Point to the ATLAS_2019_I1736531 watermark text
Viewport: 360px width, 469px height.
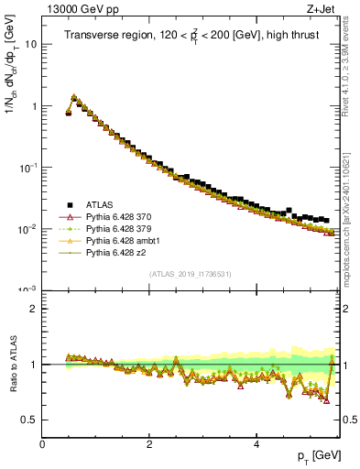191,274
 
